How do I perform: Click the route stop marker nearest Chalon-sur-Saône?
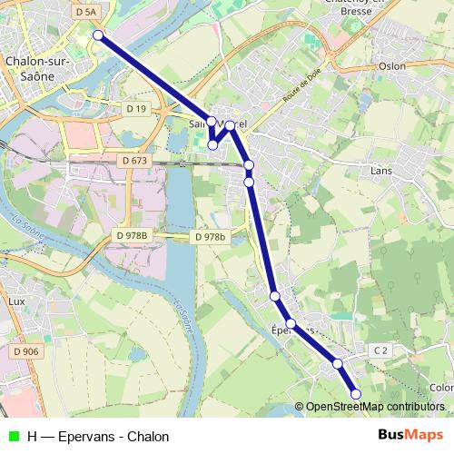point(98,35)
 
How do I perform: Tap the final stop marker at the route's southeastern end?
point(356,393)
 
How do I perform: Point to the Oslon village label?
point(392,65)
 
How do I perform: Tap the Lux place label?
point(15,300)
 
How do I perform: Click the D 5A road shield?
point(86,12)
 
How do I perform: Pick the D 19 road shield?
point(136,109)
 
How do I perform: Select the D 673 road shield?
point(133,161)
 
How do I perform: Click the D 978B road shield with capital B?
point(132,236)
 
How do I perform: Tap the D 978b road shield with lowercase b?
point(209,237)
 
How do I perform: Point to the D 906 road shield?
point(26,351)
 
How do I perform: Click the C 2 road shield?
point(380,350)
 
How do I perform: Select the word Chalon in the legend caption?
point(148,437)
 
